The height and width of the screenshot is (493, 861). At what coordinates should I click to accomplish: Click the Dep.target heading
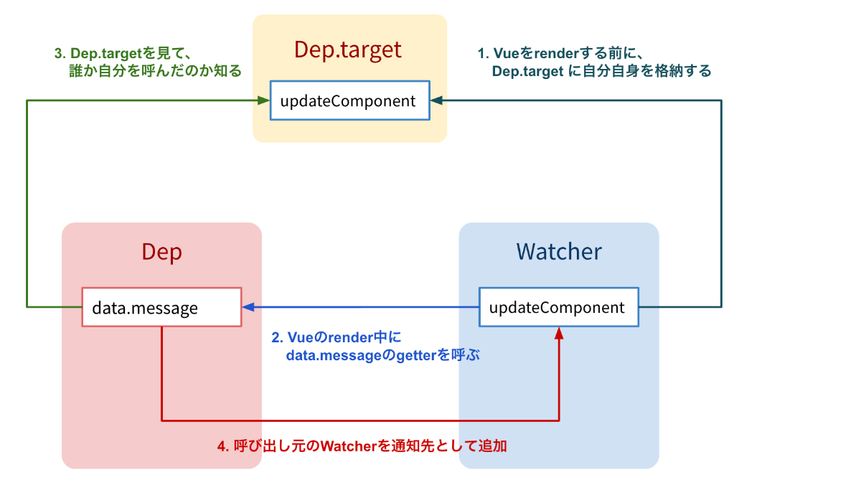[348, 50]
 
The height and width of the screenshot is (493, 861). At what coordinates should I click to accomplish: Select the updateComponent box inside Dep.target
[349, 101]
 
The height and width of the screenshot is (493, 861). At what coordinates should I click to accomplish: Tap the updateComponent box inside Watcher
[557, 308]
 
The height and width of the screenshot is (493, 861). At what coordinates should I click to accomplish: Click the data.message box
[161, 308]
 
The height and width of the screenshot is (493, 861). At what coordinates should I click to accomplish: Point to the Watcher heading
[558, 252]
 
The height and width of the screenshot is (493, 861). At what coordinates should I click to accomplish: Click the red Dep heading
[161, 252]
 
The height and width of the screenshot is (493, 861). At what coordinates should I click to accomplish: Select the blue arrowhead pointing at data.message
[248, 307]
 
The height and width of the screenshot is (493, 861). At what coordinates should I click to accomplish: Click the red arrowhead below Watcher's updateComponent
[559, 333]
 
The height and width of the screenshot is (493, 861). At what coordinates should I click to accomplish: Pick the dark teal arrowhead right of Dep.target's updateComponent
[436, 101]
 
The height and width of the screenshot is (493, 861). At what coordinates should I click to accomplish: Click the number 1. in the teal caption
[484, 53]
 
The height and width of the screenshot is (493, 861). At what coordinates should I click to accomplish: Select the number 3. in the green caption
[60, 53]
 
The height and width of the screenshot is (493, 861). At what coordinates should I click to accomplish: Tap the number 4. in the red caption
[222, 446]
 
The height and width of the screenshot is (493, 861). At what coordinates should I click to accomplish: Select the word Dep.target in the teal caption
[527, 72]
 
